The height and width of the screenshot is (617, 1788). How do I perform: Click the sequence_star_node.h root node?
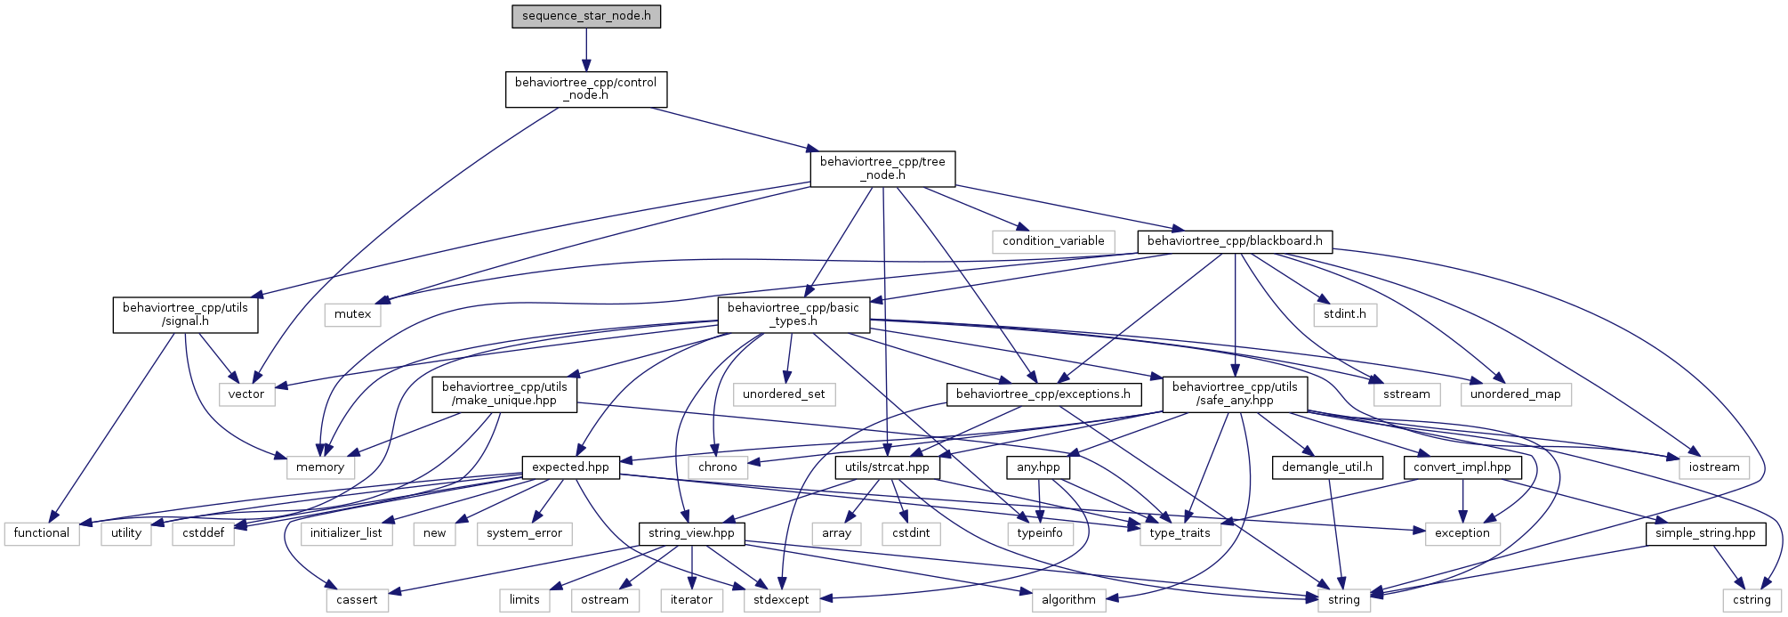tap(586, 17)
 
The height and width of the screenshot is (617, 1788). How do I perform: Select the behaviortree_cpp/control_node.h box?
tap(586, 89)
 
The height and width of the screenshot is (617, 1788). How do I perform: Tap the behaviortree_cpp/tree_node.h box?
tap(882, 168)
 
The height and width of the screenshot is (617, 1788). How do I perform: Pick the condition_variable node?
tap(1053, 241)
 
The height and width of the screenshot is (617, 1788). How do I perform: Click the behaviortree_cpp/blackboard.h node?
tap(1235, 241)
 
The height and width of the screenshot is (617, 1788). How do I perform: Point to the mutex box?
tap(353, 314)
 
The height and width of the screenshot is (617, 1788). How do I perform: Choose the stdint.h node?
tap(1345, 314)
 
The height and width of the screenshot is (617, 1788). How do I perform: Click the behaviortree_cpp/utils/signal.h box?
tap(185, 314)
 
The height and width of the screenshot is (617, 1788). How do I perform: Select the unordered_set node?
tap(784, 394)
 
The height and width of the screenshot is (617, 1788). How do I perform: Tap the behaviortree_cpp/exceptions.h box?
tap(1043, 394)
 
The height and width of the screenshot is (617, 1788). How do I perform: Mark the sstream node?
tap(1406, 394)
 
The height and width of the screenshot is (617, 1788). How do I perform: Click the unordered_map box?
tap(1515, 394)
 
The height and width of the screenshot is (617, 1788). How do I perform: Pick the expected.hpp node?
tap(570, 467)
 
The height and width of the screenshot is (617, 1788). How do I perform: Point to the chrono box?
tap(717, 467)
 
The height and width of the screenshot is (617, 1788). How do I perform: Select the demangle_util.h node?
tap(1327, 467)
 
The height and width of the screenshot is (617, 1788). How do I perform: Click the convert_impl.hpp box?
tap(1462, 467)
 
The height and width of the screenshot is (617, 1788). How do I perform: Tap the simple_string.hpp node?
tap(1705, 533)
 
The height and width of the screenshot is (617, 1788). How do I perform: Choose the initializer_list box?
tap(346, 533)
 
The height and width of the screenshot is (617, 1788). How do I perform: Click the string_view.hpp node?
tap(691, 533)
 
